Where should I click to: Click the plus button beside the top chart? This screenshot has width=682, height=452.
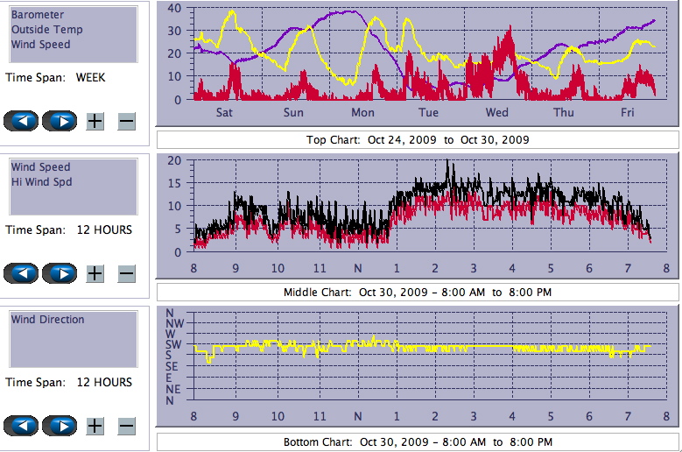(95, 121)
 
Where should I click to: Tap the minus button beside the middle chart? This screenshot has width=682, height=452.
(126, 273)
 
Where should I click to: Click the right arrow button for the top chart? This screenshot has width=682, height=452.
(59, 121)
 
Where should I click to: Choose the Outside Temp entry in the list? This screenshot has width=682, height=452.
(40, 30)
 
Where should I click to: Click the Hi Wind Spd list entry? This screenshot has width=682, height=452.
(41, 182)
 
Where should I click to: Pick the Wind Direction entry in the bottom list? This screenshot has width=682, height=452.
(47, 320)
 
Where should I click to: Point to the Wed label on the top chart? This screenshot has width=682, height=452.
(497, 113)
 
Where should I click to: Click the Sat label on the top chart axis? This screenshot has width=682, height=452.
(224, 113)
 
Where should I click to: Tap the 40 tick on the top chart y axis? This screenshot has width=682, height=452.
(174, 8)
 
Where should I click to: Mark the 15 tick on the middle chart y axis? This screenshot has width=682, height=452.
(174, 183)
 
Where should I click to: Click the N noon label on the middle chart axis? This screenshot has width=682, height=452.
(357, 269)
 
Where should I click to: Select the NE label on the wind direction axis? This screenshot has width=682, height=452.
(172, 389)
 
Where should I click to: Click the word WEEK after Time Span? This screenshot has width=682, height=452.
(90, 77)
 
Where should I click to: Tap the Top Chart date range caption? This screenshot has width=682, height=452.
(417, 140)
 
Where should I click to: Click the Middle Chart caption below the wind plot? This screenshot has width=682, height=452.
(417, 292)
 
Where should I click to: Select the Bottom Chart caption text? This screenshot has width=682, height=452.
(417, 441)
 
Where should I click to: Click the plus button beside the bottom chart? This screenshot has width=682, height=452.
(95, 427)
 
